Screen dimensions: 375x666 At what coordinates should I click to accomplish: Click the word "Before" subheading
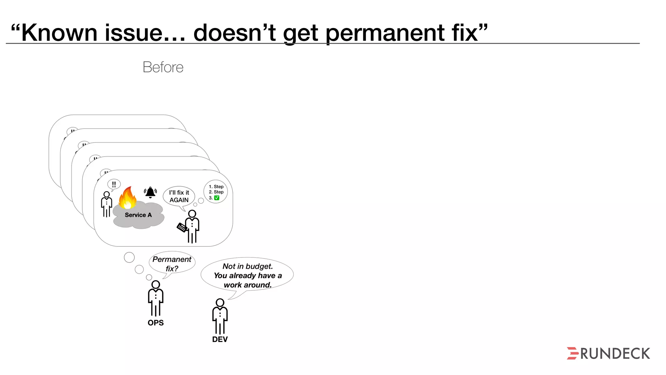(x=163, y=67)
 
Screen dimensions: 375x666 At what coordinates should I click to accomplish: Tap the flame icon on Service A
(x=127, y=198)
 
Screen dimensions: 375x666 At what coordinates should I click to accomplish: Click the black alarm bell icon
(x=150, y=192)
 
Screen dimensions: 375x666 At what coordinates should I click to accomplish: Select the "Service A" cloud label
(x=138, y=215)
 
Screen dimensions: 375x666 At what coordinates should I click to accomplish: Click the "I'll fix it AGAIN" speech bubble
(x=179, y=196)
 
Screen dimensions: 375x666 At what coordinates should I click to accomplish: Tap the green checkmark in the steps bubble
(x=217, y=198)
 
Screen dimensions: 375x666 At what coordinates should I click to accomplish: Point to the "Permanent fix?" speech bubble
(x=172, y=264)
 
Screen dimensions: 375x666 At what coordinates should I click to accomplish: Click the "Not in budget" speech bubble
(x=247, y=275)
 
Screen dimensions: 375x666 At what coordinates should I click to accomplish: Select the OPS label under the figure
(x=155, y=323)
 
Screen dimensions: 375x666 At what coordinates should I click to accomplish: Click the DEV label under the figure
(x=220, y=339)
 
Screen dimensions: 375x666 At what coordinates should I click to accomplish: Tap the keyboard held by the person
(x=181, y=227)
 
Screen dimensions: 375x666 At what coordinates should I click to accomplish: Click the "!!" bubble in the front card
(x=114, y=184)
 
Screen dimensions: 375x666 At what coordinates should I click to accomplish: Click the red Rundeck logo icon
(x=572, y=353)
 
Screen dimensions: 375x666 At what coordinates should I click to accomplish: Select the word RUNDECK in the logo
(x=615, y=354)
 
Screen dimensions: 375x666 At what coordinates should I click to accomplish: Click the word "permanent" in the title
(x=385, y=33)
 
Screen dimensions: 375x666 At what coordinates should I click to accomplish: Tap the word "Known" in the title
(x=59, y=33)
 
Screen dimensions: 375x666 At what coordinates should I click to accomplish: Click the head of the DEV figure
(x=220, y=302)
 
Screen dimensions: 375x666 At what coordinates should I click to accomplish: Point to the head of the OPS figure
(x=156, y=285)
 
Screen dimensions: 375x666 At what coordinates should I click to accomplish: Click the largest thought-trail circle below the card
(x=129, y=257)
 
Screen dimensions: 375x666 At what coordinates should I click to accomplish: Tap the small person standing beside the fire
(x=106, y=204)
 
